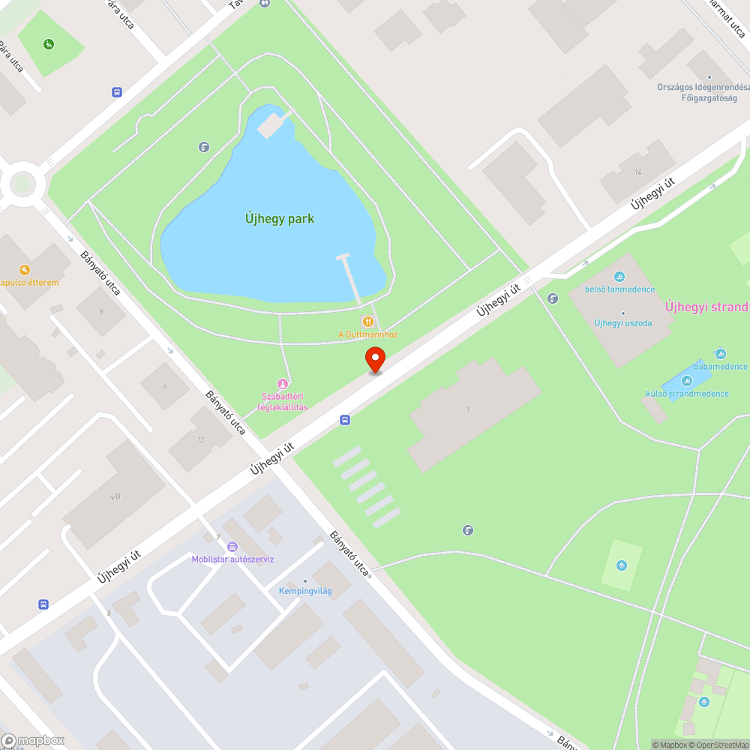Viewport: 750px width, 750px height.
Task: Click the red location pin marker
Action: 375,359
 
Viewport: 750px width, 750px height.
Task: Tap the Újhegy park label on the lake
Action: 279,219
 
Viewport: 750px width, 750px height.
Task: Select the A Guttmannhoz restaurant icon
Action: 367,321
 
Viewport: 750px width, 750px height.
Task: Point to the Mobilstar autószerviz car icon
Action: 232,547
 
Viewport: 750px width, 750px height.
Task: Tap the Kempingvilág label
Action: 305,591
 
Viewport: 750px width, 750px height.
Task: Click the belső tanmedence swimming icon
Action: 619,277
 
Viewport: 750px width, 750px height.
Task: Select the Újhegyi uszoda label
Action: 622,323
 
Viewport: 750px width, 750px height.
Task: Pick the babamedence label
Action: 720,367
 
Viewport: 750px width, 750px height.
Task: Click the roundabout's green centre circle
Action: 22,183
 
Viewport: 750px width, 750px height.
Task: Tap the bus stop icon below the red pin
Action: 344,420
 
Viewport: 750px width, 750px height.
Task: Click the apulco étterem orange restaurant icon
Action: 25,270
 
